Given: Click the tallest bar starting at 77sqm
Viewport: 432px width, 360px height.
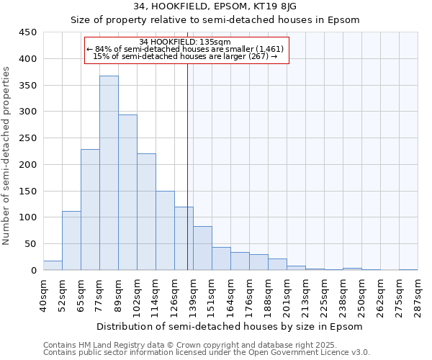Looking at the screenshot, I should (109, 173).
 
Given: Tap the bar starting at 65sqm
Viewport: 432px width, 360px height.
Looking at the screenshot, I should (90, 210).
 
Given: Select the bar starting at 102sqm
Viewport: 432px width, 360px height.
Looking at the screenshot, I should (146, 212).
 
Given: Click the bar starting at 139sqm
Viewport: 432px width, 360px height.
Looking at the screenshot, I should (202, 248).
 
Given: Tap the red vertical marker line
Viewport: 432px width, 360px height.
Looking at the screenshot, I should (187, 180).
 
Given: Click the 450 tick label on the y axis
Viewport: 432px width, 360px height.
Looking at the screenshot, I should (27, 32).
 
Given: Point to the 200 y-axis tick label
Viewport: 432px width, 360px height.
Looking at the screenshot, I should (27, 165).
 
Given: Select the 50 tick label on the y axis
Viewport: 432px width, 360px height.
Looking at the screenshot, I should (30, 244).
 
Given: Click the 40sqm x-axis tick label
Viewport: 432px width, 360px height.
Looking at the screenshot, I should (43, 295).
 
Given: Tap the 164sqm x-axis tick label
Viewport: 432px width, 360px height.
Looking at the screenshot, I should (230, 295).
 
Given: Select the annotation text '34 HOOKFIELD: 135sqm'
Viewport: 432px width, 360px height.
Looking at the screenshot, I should (185, 42).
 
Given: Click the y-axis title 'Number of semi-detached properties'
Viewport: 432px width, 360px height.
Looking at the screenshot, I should (6, 155).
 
